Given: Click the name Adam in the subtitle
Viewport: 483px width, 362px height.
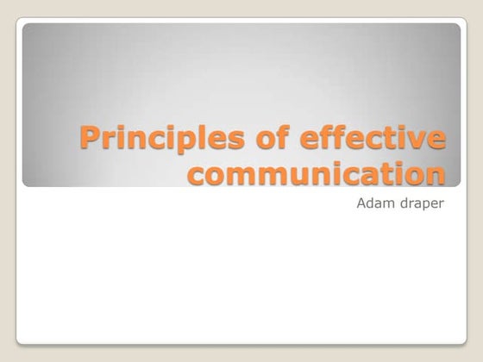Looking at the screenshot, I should (x=373, y=207).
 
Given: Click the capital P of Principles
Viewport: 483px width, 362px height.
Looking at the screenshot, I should (x=89, y=138).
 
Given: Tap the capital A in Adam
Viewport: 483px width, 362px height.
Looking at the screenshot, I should (x=361, y=207).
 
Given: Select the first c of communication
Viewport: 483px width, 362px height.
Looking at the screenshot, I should (x=198, y=174).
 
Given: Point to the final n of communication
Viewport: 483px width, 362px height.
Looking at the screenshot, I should (x=436, y=174).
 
